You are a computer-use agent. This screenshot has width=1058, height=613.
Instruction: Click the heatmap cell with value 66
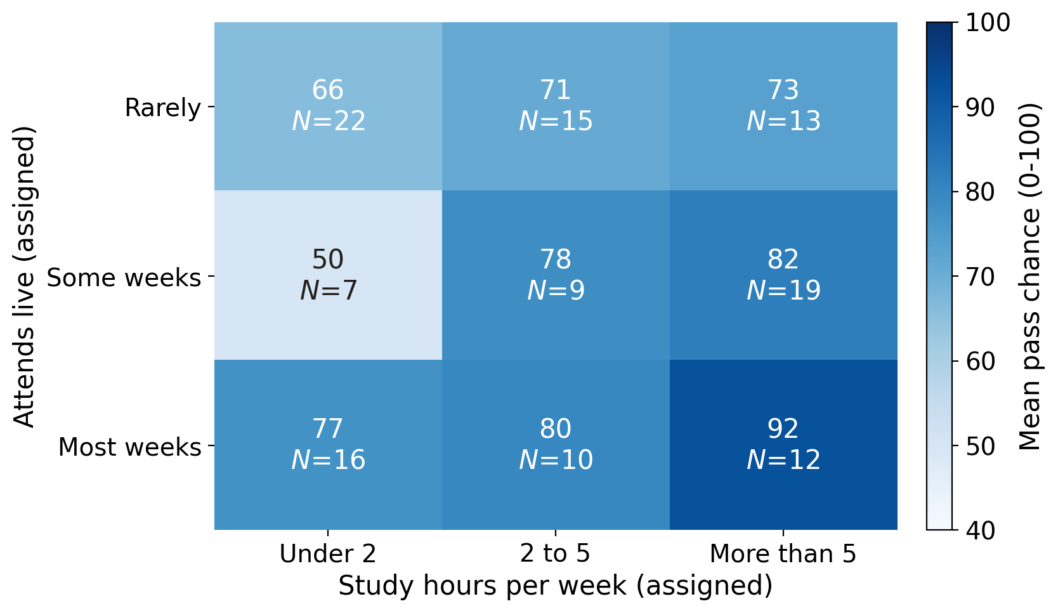click(x=329, y=107)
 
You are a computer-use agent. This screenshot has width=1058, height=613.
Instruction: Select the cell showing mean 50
click(x=329, y=275)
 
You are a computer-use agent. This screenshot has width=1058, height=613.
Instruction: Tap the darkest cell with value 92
click(x=783, y=445)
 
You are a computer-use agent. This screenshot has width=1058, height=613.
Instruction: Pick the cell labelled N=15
click(x=556, y=107)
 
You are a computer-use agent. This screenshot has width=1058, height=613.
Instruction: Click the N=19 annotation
click(x=783, y=290)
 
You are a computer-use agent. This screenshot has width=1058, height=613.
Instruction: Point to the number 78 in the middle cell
click(x=556, y=259)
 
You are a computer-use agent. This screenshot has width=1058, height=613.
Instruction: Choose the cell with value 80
click(x=556, y=445)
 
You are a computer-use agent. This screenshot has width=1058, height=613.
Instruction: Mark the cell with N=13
click(x=783, y=107)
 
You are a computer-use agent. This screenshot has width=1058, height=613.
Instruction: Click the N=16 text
click(x=329, y=460)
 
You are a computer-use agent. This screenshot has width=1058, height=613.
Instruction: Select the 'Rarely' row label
click(x=163, y=109)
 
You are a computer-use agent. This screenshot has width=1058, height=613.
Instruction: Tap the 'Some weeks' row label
click(x=124, y=277)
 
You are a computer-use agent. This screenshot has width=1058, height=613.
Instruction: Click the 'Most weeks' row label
click(x=130, y=447)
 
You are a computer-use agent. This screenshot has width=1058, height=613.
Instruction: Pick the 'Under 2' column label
click(x=328, y=553)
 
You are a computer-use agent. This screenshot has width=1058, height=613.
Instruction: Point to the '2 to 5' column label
click(x=556, y=553)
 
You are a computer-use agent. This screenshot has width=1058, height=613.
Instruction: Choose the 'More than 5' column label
click(x=783, y=553)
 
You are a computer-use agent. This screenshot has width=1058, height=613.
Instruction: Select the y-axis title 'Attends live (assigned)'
click(x=24, y=277)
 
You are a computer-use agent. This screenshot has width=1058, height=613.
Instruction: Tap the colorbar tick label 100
click(x=988, y=23)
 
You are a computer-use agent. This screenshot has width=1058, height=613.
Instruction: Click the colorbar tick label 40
click(x=981, y=531)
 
